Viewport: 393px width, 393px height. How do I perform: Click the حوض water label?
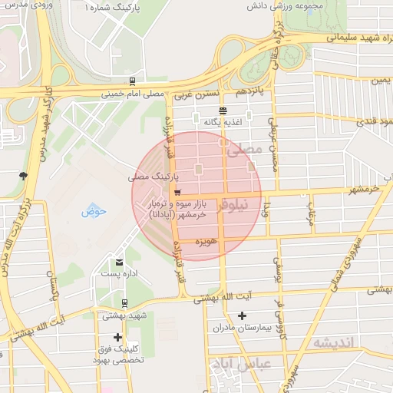94,210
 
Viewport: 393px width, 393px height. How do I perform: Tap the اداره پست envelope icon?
118,263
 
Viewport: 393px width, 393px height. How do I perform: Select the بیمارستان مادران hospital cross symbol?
243,315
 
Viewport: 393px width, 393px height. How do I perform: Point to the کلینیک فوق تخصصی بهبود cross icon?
117,337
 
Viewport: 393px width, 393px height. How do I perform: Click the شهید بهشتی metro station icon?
125,303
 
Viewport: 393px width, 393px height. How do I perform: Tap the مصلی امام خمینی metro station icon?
133,81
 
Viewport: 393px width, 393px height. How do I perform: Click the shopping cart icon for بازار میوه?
177,193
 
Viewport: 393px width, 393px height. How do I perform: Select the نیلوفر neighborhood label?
233,206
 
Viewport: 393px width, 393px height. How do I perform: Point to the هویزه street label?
208,243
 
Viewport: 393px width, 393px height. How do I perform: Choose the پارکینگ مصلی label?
150,177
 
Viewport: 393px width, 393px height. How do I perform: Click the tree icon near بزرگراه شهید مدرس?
24,176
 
